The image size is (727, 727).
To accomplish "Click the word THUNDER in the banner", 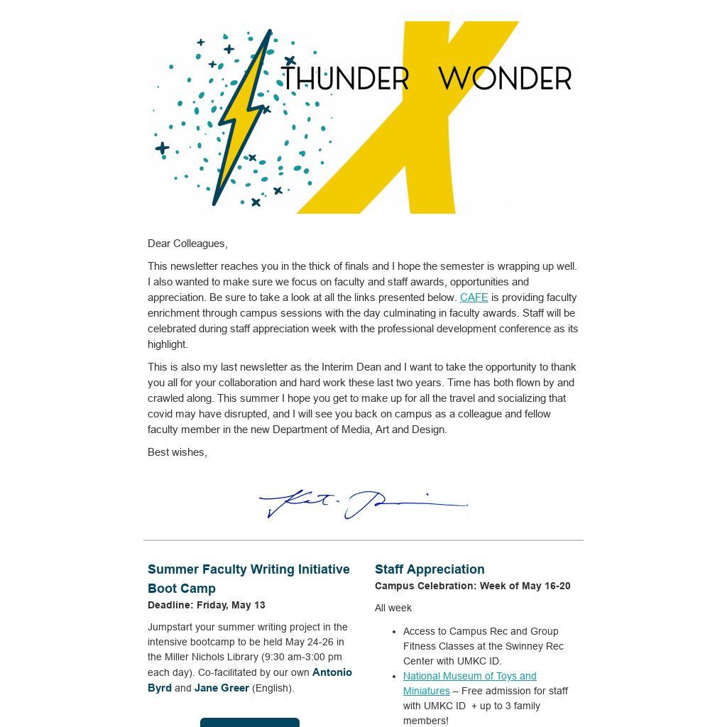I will point(346,79).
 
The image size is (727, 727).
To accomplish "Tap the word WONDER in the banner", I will point(505,79).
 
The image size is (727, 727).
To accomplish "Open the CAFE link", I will point(474,297).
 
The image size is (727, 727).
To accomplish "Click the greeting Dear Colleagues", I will point(187,244).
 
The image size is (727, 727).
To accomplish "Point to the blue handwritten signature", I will point(363,504).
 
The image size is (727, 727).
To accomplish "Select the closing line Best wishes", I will point(177,452).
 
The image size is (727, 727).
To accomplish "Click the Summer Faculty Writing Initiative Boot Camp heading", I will point(248,579).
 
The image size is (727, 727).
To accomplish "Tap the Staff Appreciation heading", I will point(430,569).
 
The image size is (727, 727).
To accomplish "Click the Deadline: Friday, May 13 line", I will point(207,605).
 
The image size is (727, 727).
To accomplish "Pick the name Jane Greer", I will point(222,688).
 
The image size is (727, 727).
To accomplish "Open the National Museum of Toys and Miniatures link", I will point(469,683).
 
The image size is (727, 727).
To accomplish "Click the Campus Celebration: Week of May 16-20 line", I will point(473,586).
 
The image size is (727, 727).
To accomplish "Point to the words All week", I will point(393,608).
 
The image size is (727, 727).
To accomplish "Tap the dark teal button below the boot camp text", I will point(250,722).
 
